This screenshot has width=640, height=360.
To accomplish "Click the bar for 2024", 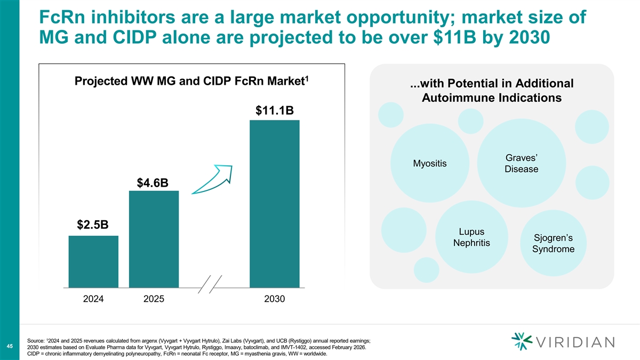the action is click(93, 261).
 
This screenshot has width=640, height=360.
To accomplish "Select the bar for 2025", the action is click(154, 239).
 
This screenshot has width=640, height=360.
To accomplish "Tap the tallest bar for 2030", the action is click(275, 204).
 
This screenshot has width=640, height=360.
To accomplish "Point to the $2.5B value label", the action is click(93, 225).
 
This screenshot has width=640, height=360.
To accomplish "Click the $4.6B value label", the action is click(153, 182).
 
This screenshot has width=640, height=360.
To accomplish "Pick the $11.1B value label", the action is click(275, 110).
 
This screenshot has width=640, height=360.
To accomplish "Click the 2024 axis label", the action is click(93, 299).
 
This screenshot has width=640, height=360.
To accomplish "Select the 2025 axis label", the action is click(154, 299).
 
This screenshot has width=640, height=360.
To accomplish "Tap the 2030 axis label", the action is click(274, 299).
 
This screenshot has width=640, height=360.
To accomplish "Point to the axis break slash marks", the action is click(210, 284).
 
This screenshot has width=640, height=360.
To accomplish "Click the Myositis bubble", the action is click(430, 163).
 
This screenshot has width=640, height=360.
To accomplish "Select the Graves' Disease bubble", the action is click(522, 163).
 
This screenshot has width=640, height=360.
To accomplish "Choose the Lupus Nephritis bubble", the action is click(471, 237).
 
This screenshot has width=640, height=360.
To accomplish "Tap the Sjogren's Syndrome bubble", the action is click(553, 243).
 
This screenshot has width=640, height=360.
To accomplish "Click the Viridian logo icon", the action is click(522, 341).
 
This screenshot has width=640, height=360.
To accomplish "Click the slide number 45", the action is click(10, 346).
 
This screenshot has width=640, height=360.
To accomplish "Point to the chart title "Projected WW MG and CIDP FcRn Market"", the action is click(191, 81).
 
